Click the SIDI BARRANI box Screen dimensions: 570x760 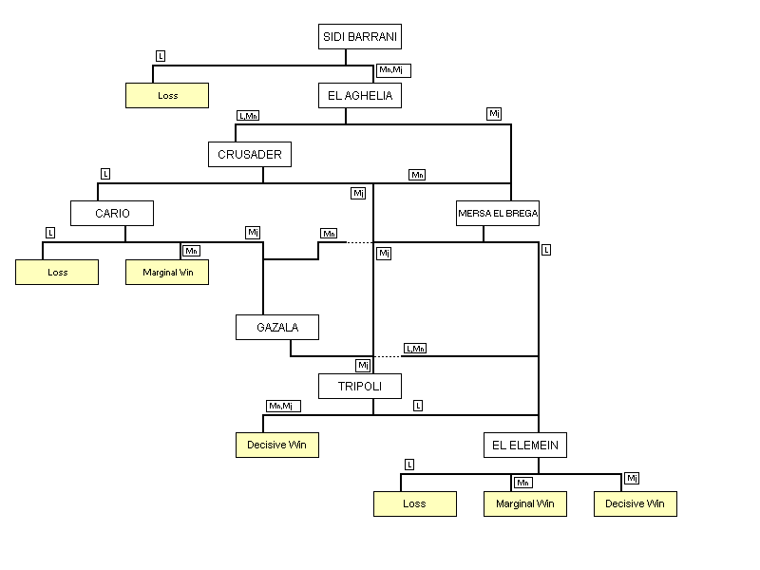click(x=360, y=37)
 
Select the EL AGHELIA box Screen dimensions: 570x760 click(x=360, y=95)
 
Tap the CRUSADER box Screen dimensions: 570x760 click(x=249, y=154)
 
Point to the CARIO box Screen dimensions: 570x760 click(x=112, y=213)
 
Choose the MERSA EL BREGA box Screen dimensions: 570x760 click(x=498, y=214)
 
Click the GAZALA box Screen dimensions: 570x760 click(x=276, y=328)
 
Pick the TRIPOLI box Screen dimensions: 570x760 click(x=360, y=386)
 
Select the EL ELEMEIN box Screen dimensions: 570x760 click(x=525, y=445)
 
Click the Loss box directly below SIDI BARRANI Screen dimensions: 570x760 click(x=167, y=96)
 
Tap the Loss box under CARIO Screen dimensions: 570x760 click(x=57, y=272)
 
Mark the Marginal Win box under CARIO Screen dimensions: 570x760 click(x=167, y=272)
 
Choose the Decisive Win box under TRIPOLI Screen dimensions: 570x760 click(x=277, y=445)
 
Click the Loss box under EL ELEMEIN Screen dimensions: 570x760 click(x=414, y=503)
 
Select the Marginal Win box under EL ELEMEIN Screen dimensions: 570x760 click(x=525, y=503)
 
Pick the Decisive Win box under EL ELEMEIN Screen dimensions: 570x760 click(x=636, y=503)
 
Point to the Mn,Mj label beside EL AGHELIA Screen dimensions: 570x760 click(x=393, y=70)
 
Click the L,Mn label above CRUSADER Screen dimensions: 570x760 click(x=248, y=116)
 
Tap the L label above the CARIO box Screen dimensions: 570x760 click(x=105, y=174)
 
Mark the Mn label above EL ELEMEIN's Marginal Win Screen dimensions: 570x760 click(x=523, y=483)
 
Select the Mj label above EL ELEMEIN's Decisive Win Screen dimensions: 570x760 click(x=632, y=478)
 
